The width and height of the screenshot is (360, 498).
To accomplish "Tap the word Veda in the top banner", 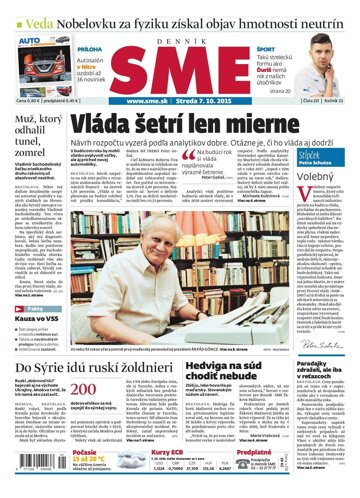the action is [29, 12].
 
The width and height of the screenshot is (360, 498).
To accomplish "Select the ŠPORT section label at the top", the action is [265, 46].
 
